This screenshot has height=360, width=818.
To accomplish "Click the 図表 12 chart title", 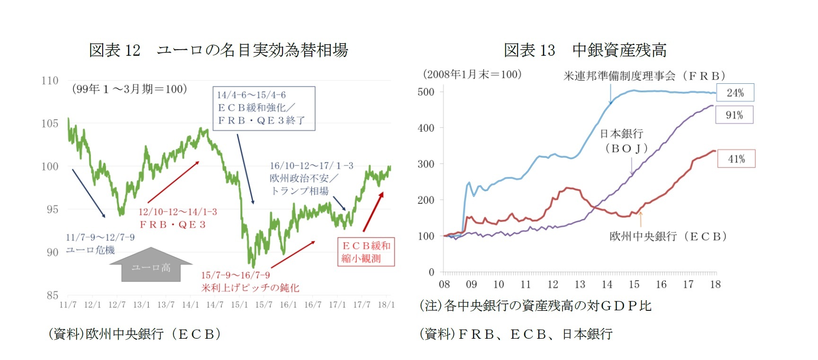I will pos(218,50).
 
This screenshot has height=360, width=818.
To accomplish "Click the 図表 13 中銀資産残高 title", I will pos(585,50).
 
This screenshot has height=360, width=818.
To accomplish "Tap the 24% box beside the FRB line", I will pos(735,93).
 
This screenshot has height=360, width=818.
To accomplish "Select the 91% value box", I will pos(734,115).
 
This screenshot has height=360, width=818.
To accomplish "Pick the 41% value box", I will pos(736,159).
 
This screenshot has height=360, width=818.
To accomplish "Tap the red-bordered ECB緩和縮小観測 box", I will pos(366,252).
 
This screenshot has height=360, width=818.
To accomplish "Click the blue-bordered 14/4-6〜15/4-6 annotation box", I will pos(264,108).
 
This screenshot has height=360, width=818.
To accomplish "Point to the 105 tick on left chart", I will pos(50,123).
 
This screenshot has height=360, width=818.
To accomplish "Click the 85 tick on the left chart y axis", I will pos(52,295).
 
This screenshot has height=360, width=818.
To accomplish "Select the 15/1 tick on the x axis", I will pos(239,305).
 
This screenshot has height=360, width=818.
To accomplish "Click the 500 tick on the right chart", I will pos(426,92).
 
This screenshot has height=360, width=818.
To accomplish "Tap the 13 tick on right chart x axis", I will pos(580,284).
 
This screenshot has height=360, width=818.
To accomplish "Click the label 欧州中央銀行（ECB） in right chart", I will pos(668,236).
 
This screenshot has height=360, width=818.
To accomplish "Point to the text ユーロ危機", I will pos(90,250).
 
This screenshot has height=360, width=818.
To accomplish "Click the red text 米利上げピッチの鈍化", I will pos(250,288).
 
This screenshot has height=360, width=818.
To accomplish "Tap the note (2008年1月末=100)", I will pos(472,74).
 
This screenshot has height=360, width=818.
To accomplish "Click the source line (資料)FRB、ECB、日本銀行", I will pos(516,334).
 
